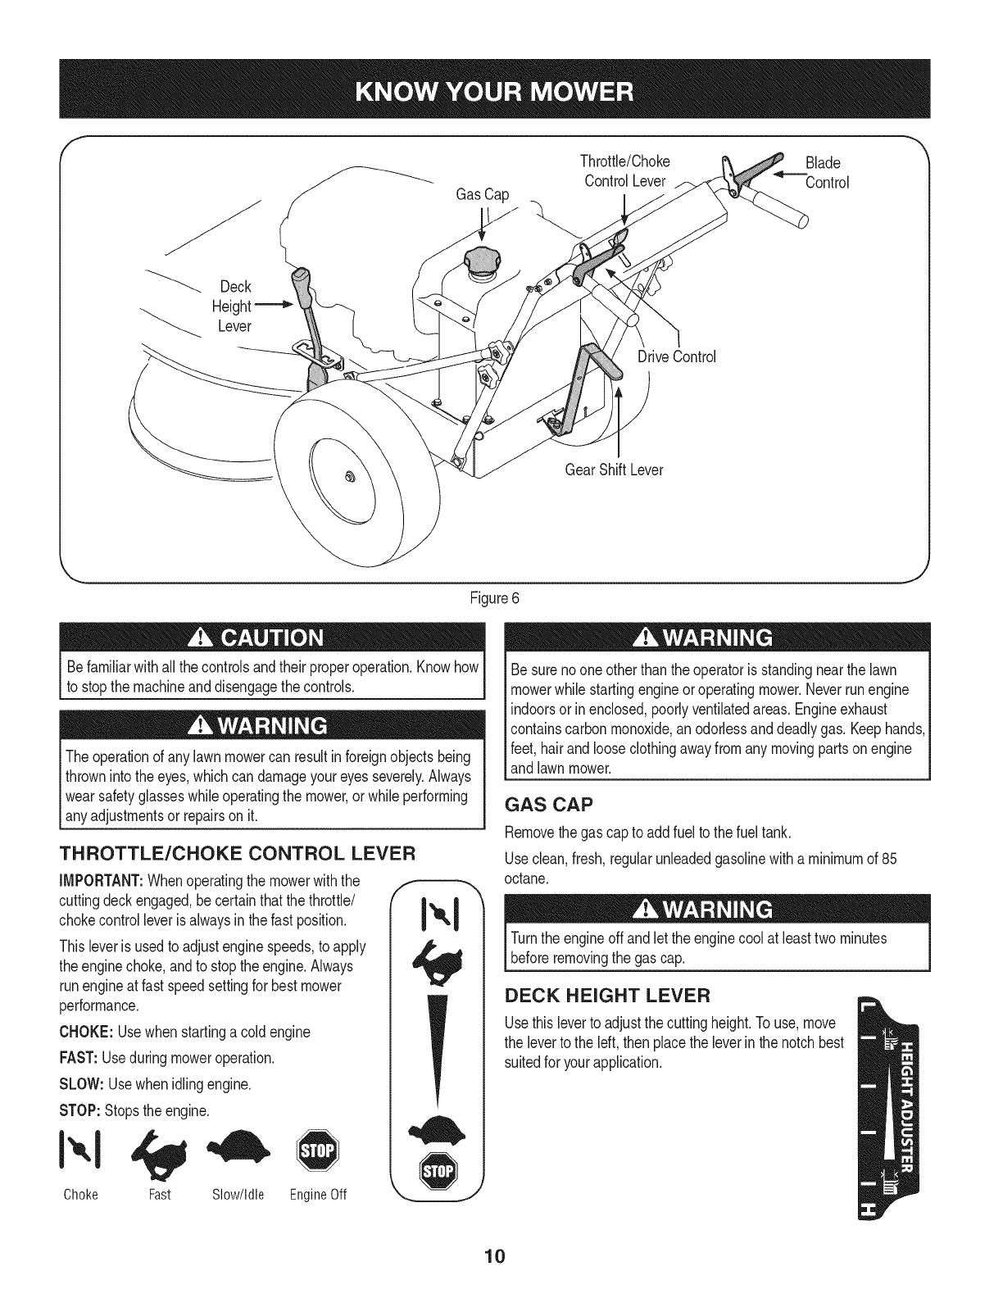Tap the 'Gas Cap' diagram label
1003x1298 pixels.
click(482, 194)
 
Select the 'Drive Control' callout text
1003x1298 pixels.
click(677, 356)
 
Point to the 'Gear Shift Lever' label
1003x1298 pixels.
click(614, 470)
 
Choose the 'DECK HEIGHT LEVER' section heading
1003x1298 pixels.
click(607, 995)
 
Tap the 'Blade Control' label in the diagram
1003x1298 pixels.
click(826, 172)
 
